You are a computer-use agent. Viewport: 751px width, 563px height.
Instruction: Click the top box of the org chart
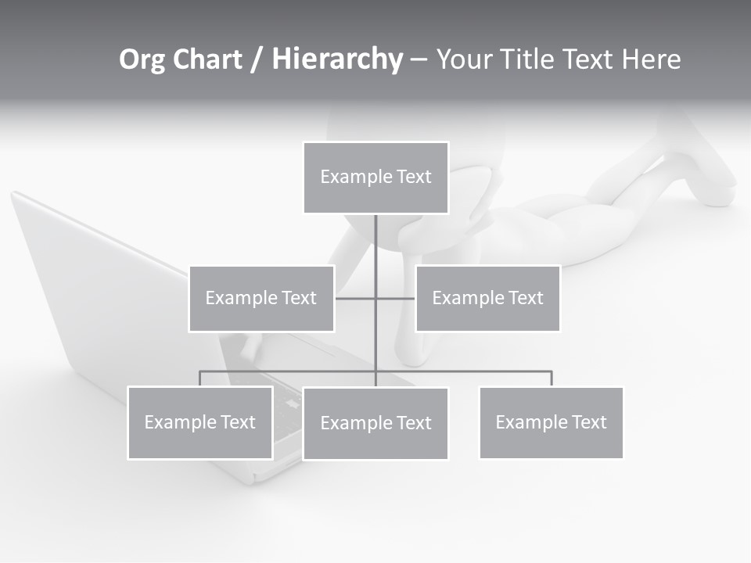click(x=375, y=178)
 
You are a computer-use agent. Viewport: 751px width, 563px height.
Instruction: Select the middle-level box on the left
click(x=261, y=298)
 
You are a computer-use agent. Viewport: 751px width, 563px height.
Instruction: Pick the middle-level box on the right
click(x=487, y=298)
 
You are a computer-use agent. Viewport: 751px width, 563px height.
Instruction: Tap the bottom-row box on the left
click(x=200, y=422)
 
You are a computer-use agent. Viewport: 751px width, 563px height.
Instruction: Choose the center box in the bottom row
click(x=375, y=423)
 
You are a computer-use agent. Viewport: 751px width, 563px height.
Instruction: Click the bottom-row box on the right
click(x=551, y=422)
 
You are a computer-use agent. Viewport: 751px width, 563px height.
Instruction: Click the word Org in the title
click(x=142, y=59)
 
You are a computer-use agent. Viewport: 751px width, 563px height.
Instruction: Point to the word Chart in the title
click(x=207, y=59)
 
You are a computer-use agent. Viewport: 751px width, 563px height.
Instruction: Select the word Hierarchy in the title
click(x=337, y=59)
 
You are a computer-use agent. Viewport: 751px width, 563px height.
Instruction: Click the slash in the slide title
click(x=257, y=60)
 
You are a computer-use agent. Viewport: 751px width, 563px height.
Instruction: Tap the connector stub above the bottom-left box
click(x=200, y=378)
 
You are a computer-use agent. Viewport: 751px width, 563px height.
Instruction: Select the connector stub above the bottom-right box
click(x=552, y=378)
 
